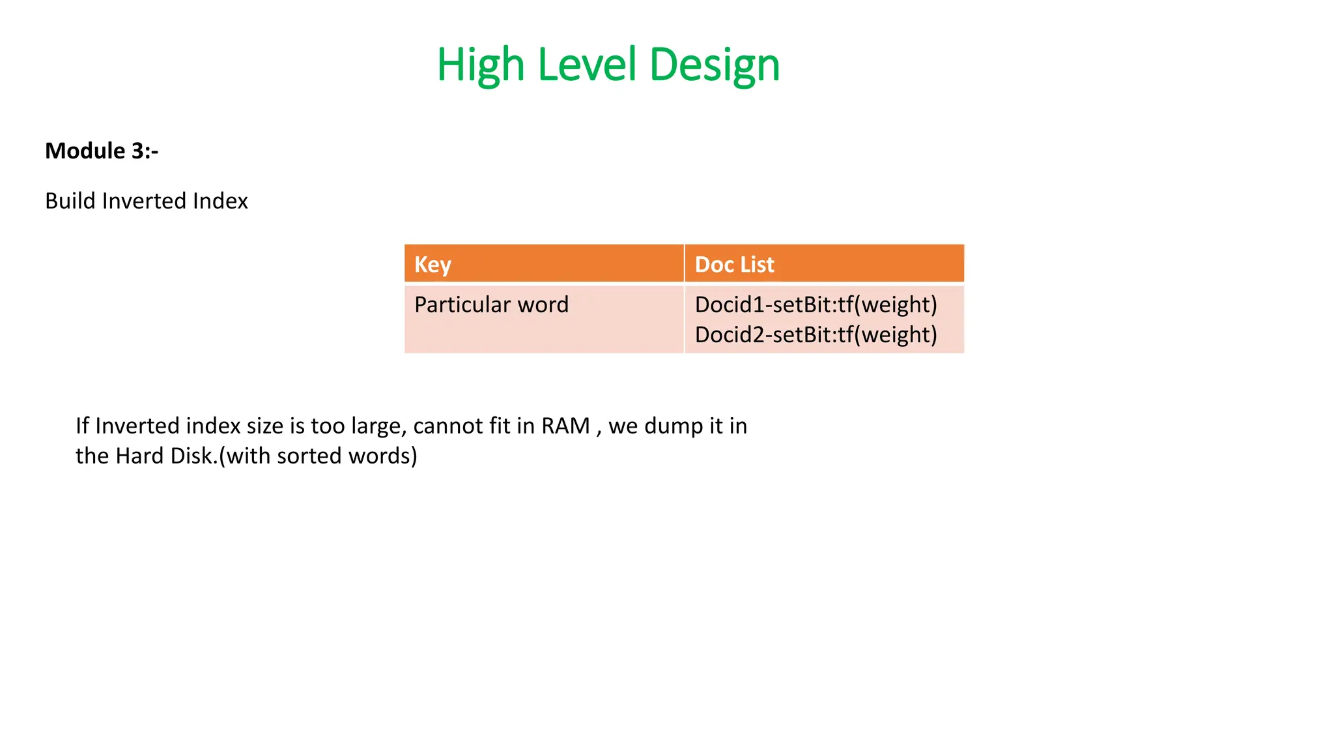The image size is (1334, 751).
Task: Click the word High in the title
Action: (481, 65)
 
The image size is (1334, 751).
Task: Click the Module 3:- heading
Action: (102, 151)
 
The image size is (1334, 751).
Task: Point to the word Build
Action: (70, 201)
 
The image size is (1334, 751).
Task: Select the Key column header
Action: (433, 265)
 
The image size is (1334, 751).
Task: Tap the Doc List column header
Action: (734, 265)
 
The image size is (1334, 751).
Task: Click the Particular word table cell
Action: (491, 304)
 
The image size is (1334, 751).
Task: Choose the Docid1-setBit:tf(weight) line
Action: (816, 304)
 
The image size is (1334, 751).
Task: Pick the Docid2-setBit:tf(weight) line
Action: (816, 334)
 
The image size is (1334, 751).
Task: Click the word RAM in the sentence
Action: (565, 426)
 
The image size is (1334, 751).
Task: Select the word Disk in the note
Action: (192, 456)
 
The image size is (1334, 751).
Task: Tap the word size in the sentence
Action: (265, 426)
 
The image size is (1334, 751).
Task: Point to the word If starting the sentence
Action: (82, 426)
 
